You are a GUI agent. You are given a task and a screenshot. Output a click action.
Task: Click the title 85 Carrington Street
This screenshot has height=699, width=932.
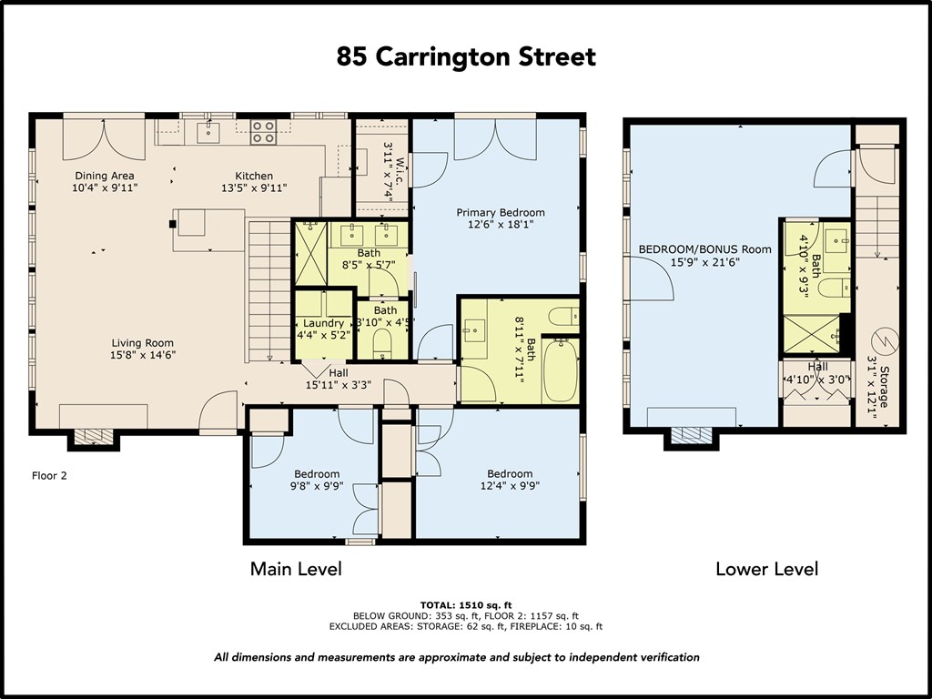466,57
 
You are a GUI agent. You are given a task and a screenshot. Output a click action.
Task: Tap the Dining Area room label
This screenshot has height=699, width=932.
105,176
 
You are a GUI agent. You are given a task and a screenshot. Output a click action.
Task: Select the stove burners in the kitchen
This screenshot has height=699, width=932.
263,132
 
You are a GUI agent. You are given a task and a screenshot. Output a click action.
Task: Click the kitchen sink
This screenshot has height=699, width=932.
209,133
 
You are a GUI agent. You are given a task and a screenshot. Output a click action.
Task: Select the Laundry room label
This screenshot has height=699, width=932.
324,323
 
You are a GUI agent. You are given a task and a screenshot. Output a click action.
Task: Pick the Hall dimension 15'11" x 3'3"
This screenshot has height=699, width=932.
339,385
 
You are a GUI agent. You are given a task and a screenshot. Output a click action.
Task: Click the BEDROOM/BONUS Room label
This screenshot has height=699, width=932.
705,248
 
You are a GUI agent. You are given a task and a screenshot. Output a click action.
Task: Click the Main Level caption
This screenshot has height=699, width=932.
296,570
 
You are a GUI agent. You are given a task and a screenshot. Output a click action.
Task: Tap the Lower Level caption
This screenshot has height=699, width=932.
766,570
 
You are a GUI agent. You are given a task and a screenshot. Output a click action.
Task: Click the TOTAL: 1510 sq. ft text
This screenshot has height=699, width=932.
465,604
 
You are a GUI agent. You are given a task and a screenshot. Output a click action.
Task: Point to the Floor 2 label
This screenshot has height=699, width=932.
49,475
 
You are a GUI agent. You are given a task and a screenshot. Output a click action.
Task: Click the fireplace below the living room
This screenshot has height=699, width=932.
94,438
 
